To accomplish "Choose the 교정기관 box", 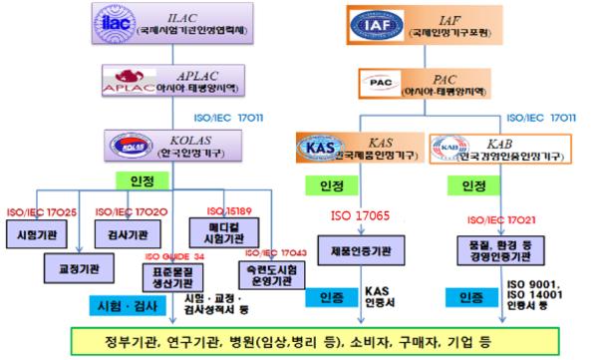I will point(76,268).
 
